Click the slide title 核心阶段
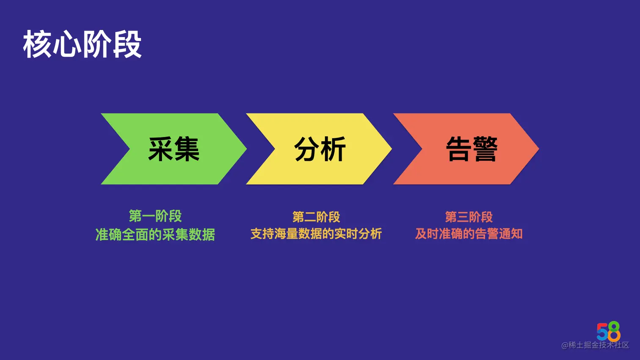[x=82, y=44]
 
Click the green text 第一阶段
[x=155, y=216]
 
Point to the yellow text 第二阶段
[x=316, y=217]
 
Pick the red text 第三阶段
[x=469, y=217]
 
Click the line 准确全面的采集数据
[x=155, y=234]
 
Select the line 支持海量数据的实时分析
[x=316, y=234]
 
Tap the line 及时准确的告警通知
[x=469, y=234]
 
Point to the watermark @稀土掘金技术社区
[x=595, y=345]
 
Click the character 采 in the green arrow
[x=160, y=149]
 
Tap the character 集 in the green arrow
[x=187, y=149]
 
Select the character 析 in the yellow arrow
[x=333, y=149]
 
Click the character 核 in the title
[x=37, y=44]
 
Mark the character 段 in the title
[x=127, y=44]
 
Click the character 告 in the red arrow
[x=458, y=149]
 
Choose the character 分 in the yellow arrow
[x=307, y=149]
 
